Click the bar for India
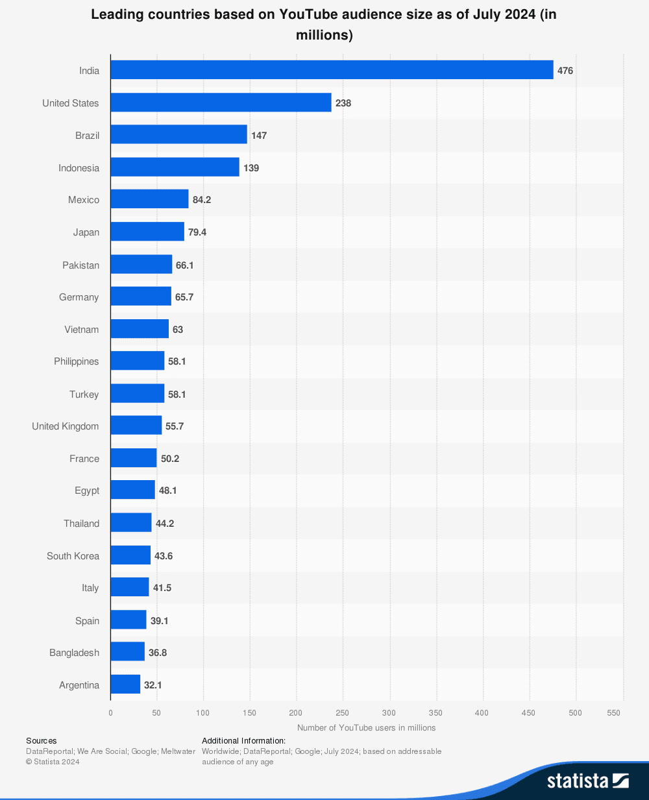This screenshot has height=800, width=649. pos(332,70)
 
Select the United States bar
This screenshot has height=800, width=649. pos(221,103)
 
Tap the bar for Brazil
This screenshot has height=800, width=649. pos(178,135)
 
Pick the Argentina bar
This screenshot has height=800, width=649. pos(125,685)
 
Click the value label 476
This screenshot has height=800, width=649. pos(565,71)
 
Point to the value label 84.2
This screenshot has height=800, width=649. pos(202,200)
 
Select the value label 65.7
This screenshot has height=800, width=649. pos(184,297)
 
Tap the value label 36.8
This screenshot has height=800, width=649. pos(158,653)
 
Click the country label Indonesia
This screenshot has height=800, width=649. pos(79,168)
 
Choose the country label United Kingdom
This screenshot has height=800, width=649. pos(66,426)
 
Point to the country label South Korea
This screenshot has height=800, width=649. pos(73,556)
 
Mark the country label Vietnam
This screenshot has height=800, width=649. pos(82,330)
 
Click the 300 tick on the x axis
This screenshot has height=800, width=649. pos(389,713)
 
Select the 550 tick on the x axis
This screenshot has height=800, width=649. pos(614,713)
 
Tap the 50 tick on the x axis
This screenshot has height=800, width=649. pos(156,713)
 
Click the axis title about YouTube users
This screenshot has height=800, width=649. pos(366,728)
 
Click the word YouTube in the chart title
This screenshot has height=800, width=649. pos(308,14)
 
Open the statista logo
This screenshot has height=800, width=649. pos(587,780)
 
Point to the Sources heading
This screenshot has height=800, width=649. pos(42,740)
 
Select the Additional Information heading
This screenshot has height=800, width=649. pos(243,740)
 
